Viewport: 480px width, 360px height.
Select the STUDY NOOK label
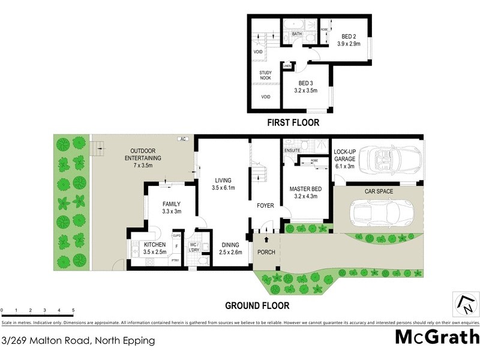(265, 75)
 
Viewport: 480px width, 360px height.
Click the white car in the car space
(381, 212)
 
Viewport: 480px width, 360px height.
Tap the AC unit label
(182, 139)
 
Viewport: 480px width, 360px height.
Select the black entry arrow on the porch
(266, 240)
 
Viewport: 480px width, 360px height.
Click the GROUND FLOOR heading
(257, 305)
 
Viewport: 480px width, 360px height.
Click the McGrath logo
(437, 337)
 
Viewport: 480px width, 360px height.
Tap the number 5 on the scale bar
(73, 311)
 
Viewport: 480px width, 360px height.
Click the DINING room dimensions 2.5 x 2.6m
(230, 253)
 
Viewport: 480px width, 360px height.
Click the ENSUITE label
(292, 149)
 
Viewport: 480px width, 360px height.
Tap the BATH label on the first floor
(296, 34)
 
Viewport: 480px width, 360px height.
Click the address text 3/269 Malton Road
(78, 341)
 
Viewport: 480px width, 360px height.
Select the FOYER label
(265, 206)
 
